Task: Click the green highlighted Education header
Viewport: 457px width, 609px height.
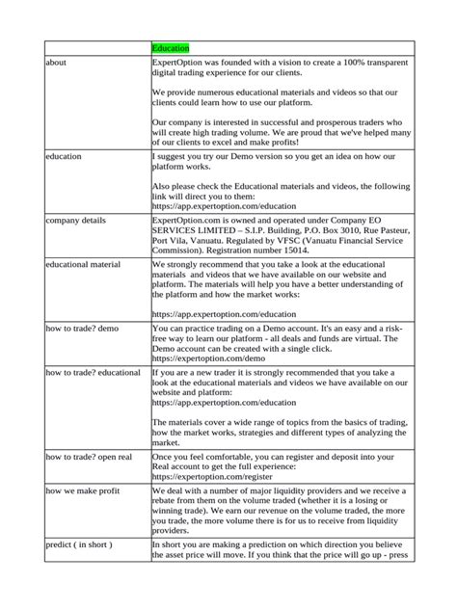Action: (x=171, y=47)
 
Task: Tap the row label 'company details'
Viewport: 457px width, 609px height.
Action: (x=78, y=219)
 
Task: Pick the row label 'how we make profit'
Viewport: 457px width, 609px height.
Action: (x=86, y=491)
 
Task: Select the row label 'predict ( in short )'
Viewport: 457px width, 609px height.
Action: (x=80, y=544)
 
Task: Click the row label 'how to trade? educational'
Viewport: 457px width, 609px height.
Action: (x=94, y=371)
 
